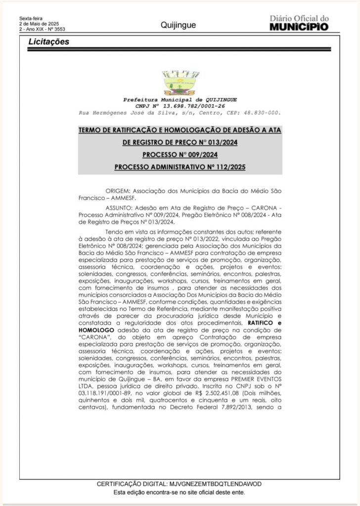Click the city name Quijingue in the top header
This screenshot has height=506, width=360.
pyautogui.click(x=178, y=25)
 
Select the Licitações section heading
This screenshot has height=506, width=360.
pyautogui.click(x=48, y=42)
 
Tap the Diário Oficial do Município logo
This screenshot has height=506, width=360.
pyautogui.click(x=299, y=23)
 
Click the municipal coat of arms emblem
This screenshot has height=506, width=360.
pyautogui.click(x=180, y=83)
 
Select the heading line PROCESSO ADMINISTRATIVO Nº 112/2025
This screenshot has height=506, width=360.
pyautogui.click(x=180, y=167)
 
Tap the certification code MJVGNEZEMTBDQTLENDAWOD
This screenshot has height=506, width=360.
pyautogui.click(x=215, y=484)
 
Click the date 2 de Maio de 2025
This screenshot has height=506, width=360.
pyautogui.click(x=39, y=24)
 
